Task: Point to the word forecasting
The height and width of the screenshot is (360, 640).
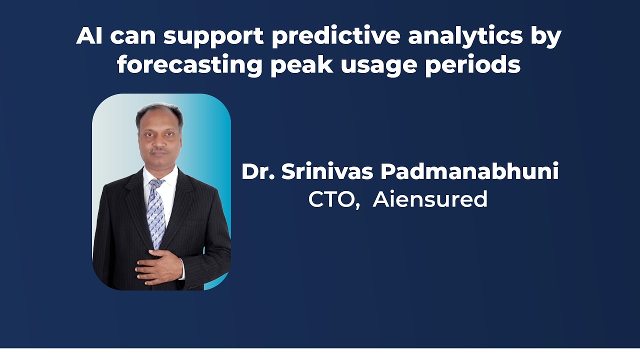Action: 190,65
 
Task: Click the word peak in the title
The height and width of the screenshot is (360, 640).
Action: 302,65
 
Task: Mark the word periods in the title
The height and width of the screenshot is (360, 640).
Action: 472,65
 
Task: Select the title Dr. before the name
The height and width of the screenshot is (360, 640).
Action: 257,172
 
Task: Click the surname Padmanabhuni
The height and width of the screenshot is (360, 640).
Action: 469,172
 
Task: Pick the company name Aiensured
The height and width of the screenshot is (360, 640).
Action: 430,199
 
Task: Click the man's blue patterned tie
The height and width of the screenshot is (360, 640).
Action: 155,212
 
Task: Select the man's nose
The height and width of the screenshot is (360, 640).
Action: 159,140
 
